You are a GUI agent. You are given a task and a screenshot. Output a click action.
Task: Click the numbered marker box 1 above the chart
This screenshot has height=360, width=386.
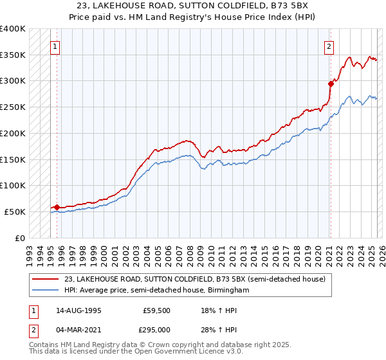55,46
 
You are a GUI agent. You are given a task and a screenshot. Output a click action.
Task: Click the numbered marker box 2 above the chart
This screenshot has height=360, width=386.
329,46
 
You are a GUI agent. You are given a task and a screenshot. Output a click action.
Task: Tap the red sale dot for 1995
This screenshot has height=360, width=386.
57,207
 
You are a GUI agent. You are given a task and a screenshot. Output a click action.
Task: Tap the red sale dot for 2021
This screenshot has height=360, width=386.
331,83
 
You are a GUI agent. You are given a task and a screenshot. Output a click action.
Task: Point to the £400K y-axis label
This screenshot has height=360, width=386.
13,29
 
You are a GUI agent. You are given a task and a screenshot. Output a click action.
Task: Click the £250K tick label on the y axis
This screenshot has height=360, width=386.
13,107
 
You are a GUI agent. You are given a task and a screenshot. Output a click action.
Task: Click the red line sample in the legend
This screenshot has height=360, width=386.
46,279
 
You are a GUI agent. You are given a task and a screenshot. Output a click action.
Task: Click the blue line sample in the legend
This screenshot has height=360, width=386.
46,290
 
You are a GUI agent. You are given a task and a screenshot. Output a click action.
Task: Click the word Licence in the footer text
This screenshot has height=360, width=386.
184,352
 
